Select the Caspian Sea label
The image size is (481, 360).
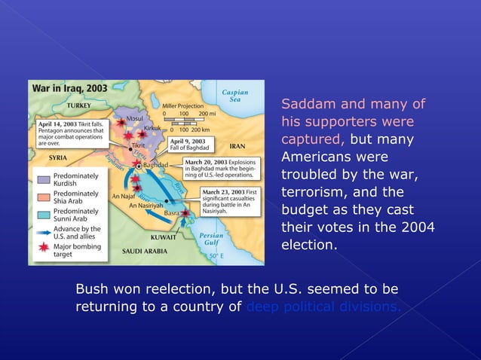[x=234, y=96]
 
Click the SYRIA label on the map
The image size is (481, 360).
[x=58, y=158]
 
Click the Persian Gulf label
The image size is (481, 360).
[x=211, y=239]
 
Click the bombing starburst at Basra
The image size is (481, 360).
[x=186, y=213]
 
